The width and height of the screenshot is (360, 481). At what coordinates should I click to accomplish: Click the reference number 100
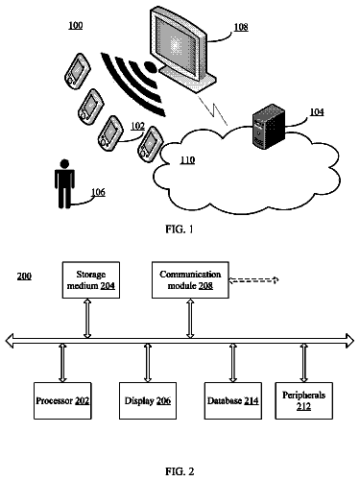click(76, 25)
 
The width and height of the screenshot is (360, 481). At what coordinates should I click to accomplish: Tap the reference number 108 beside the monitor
click(241, 27)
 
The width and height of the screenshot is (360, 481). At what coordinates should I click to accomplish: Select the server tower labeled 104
click(268, 126)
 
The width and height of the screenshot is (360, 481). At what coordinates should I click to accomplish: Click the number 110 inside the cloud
click(187, 159)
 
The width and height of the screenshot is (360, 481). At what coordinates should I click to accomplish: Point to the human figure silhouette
click(64, 183)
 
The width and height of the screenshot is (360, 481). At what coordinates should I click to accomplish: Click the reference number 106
click(98, 192)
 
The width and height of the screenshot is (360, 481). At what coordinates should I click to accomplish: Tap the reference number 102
click(137, 126)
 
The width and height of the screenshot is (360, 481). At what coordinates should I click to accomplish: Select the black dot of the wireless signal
click(150, 66)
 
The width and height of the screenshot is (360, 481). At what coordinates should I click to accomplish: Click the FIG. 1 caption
click(180, 228)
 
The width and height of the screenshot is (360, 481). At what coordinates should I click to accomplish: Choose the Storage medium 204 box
click(91, 280)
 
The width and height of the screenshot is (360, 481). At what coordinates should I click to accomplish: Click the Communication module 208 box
click(190, 280)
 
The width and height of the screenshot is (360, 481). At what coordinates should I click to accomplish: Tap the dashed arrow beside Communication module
click(253, 280)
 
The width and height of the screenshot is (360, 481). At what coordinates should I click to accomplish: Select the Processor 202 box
click(62, 400)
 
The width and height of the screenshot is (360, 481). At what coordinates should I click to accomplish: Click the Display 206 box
click(148, 400)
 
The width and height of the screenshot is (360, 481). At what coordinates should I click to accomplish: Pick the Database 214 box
click(233, 400)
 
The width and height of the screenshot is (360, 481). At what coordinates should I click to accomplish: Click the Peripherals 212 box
click(303, 400)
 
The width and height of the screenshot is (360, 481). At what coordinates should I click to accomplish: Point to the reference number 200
click(24, 276)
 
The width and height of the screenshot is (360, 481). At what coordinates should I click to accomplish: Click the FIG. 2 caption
click(180, 471)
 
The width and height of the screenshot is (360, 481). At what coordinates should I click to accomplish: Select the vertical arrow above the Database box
click(233, 363)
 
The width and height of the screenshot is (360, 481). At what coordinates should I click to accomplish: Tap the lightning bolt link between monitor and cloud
click(213, 110)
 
